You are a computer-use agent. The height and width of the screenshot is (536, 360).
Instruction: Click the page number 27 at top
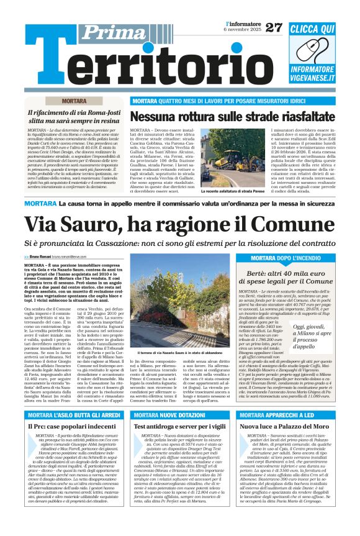[x=273, y=27]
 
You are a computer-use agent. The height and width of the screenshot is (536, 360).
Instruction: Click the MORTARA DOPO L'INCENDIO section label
[x=302, y=257]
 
